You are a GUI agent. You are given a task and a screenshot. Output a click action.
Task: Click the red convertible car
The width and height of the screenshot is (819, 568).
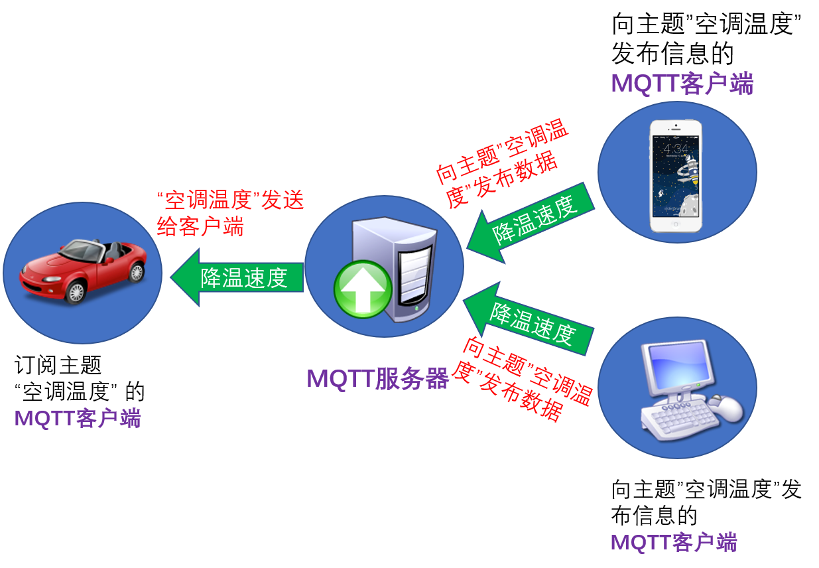84,271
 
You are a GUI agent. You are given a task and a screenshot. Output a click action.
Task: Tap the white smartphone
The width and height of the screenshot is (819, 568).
676,176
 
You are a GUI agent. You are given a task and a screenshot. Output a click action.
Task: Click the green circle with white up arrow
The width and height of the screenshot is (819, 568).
363,289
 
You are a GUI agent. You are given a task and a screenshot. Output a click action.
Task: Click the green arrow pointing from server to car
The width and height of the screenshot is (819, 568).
237,277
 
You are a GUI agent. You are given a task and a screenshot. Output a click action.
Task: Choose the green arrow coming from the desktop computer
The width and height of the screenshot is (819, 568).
529,319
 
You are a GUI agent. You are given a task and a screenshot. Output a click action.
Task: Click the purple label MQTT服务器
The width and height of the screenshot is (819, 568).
378,378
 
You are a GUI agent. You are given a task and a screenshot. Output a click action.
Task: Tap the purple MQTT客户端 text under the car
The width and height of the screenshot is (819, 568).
78,418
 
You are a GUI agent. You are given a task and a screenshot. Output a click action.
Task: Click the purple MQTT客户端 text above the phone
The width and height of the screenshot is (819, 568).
682,84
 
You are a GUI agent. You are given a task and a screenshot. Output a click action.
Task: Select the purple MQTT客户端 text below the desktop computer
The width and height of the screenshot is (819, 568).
674,542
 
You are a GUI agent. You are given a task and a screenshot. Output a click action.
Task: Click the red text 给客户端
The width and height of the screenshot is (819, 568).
200,226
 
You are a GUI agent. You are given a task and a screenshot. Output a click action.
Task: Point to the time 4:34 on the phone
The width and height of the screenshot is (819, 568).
675,149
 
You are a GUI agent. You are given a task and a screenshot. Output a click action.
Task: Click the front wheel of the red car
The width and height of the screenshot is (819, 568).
76,292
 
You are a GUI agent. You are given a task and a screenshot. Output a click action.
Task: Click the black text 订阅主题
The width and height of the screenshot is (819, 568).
58,365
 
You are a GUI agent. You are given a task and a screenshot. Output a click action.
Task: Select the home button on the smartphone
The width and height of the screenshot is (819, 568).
676,224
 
